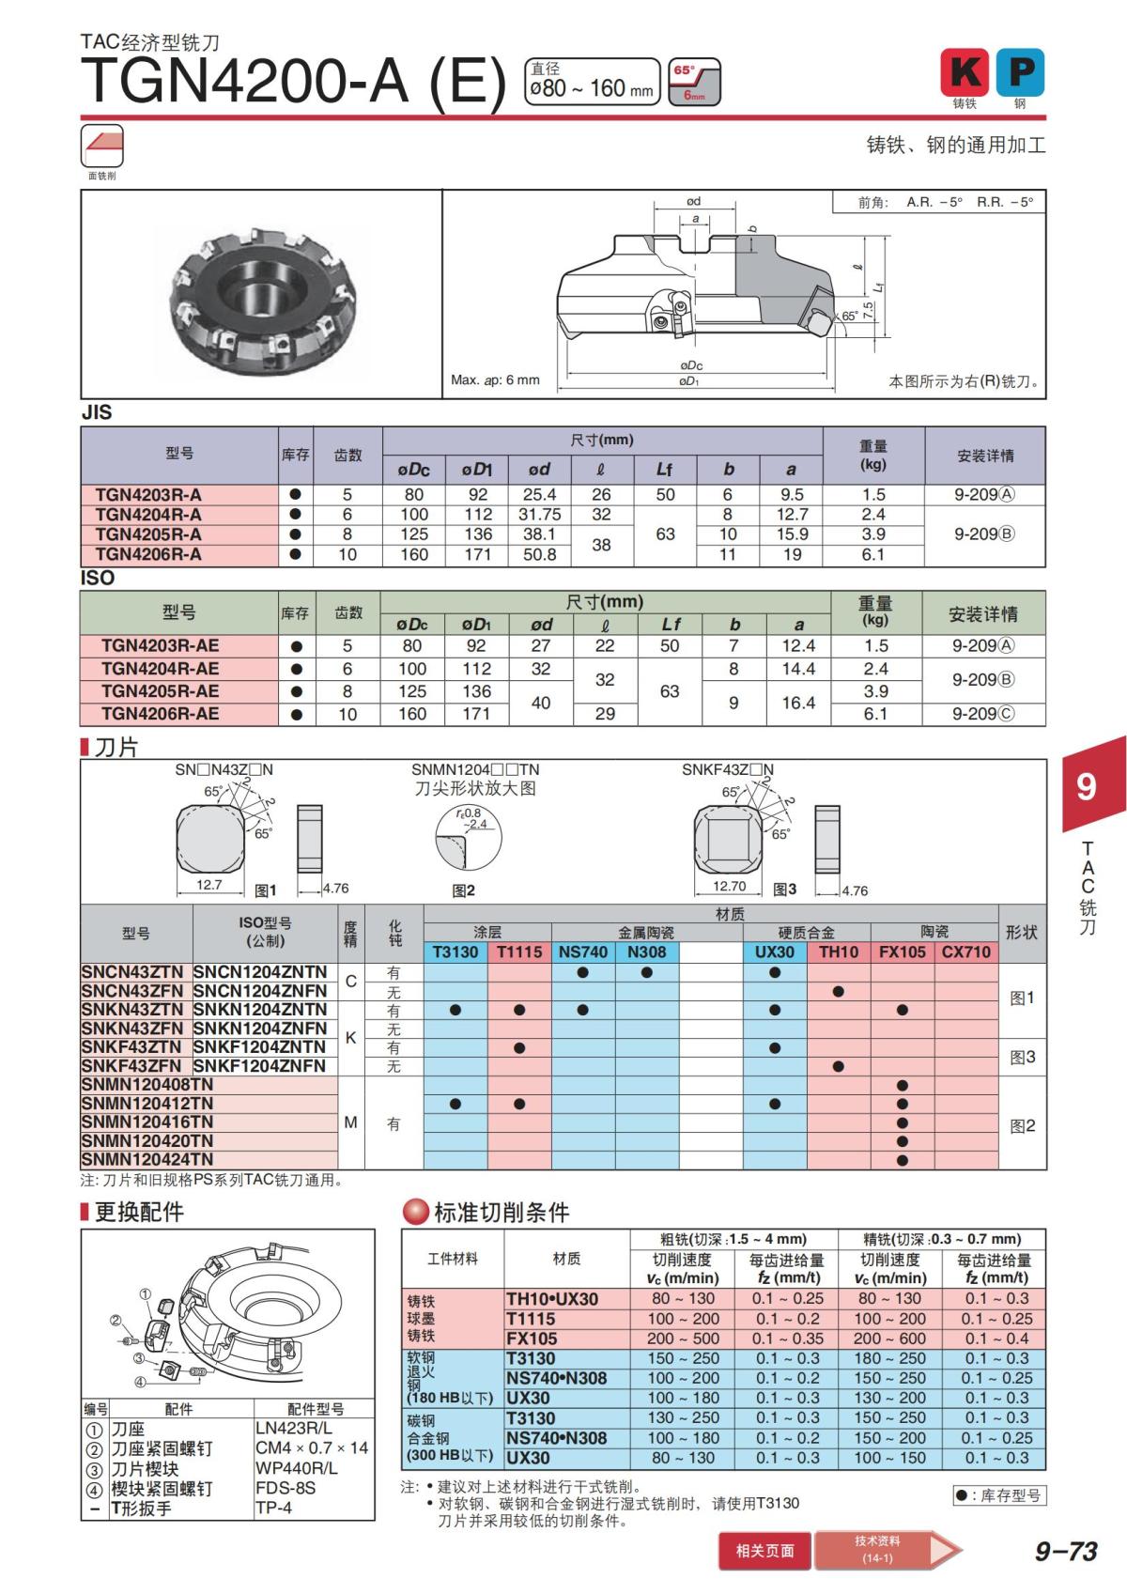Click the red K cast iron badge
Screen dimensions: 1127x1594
point(965,72)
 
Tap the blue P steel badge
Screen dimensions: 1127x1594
point(1020,72)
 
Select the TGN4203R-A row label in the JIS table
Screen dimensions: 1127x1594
point(148,495)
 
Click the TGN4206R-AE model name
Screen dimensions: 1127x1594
point(160,714)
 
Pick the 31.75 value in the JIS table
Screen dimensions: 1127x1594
point(539,515)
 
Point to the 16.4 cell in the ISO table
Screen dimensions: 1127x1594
point(798,703)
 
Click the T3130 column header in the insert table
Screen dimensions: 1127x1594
point(455,952)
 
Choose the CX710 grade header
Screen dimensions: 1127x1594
point(966,952)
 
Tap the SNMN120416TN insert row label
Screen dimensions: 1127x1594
point(147,1122)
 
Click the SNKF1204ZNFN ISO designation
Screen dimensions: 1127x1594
point(260,1066)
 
